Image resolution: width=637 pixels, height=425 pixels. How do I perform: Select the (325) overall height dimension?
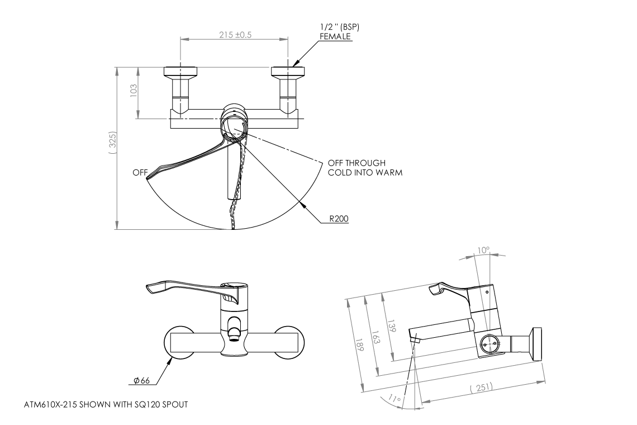112,144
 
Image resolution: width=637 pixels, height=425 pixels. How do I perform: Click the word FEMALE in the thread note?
335,36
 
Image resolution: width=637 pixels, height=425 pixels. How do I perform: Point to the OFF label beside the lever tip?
139,173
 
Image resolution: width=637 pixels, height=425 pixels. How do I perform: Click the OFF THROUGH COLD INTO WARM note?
365,168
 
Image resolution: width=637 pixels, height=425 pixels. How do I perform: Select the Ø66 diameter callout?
142,381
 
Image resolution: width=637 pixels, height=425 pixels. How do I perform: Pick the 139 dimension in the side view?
391,328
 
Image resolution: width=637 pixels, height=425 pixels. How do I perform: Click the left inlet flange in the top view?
180,71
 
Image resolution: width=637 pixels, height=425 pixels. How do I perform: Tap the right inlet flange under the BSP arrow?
288,71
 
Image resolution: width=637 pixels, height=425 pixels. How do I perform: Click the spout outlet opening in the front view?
235,335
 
